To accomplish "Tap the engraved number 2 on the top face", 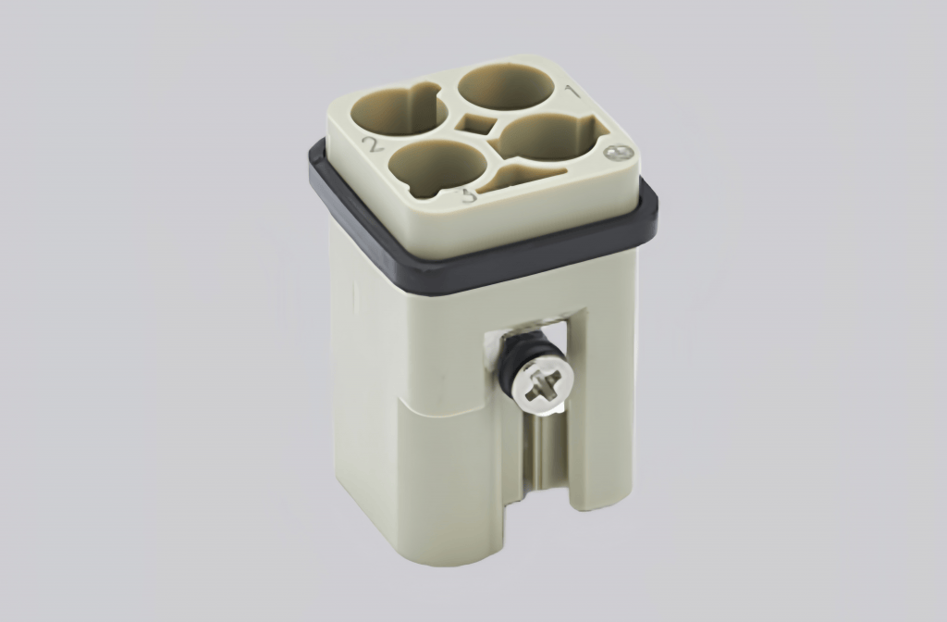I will point(374,143).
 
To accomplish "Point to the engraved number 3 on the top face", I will point(468,194).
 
